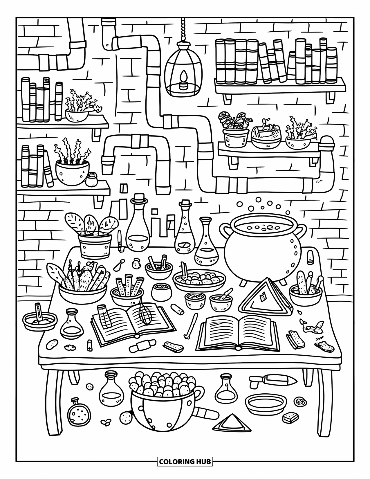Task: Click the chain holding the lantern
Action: [183, 29]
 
